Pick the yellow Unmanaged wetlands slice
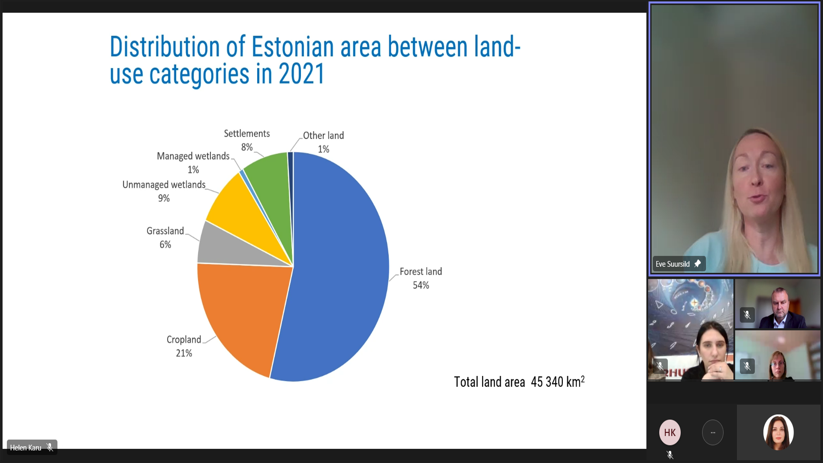(240, 206)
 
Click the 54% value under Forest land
(421, 286)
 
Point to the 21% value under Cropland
(184, 353)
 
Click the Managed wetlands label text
(193, 156)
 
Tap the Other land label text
(323, 135)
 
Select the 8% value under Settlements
(247, 147)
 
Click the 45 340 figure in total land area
(547, 382)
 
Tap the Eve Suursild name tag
(673, 264)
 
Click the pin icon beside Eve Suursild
(697, 264)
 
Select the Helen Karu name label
(26, 448)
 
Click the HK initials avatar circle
(670, 432)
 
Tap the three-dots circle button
(713, 433)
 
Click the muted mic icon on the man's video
(747, 315)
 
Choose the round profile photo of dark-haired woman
(778, 432)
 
